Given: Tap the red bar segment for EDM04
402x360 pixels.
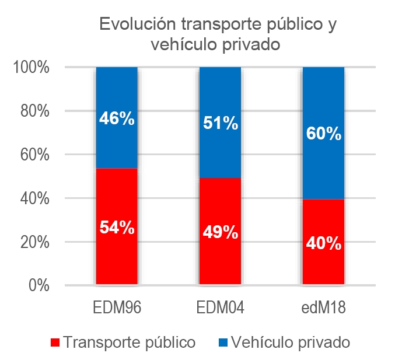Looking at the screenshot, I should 220,263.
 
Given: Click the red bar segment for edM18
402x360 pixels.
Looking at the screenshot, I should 323,268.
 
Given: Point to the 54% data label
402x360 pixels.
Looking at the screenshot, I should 117,227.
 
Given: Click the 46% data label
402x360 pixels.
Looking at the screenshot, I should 117,120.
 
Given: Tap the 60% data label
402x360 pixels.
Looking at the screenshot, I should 323,134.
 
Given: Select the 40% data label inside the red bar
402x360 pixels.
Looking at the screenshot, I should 323,243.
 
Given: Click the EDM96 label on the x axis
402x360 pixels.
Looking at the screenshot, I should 117,307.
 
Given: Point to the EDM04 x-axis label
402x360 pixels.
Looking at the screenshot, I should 220,307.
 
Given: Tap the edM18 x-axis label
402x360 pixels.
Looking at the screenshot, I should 323,307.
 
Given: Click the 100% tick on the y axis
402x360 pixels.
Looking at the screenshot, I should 32,67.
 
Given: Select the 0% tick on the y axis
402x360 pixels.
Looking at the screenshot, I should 39,285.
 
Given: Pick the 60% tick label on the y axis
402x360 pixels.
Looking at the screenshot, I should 34,155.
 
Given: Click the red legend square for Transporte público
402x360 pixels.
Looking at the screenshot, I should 55,342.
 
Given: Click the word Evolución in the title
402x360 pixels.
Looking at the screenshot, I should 137,25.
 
